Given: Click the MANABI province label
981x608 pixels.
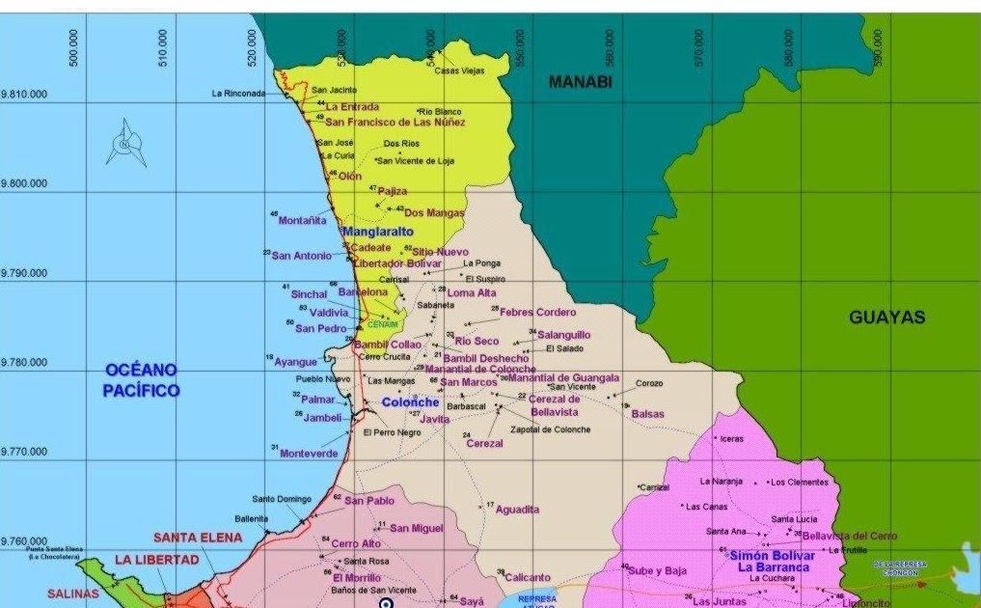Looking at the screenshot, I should coord(581,82).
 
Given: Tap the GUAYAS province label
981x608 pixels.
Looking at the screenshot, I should coord(886,318).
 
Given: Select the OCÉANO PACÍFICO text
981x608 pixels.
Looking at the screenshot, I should coord(142,380).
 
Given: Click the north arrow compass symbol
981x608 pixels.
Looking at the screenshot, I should coord(125,143).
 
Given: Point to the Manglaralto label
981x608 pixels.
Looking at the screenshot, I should coord(377,232).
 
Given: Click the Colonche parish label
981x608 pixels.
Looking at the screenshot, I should coord(410,402).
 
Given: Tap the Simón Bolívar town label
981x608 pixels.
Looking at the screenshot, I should coord(772,556).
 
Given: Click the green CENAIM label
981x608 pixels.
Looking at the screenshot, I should coord(383,324).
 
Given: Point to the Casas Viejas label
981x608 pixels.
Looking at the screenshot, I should coord(458,70).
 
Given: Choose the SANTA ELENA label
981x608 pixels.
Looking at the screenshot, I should coord(198,538).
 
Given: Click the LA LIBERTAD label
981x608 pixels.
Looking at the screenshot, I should coord(156,560).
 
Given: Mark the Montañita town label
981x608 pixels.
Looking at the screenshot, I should coord(302,221).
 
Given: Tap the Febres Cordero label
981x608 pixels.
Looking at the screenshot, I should coord(537,313).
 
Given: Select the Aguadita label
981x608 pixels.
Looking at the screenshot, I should coord(517,510).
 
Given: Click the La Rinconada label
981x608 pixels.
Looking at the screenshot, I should coord(237,94).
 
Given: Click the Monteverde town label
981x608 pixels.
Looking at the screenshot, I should coord(309,453).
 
